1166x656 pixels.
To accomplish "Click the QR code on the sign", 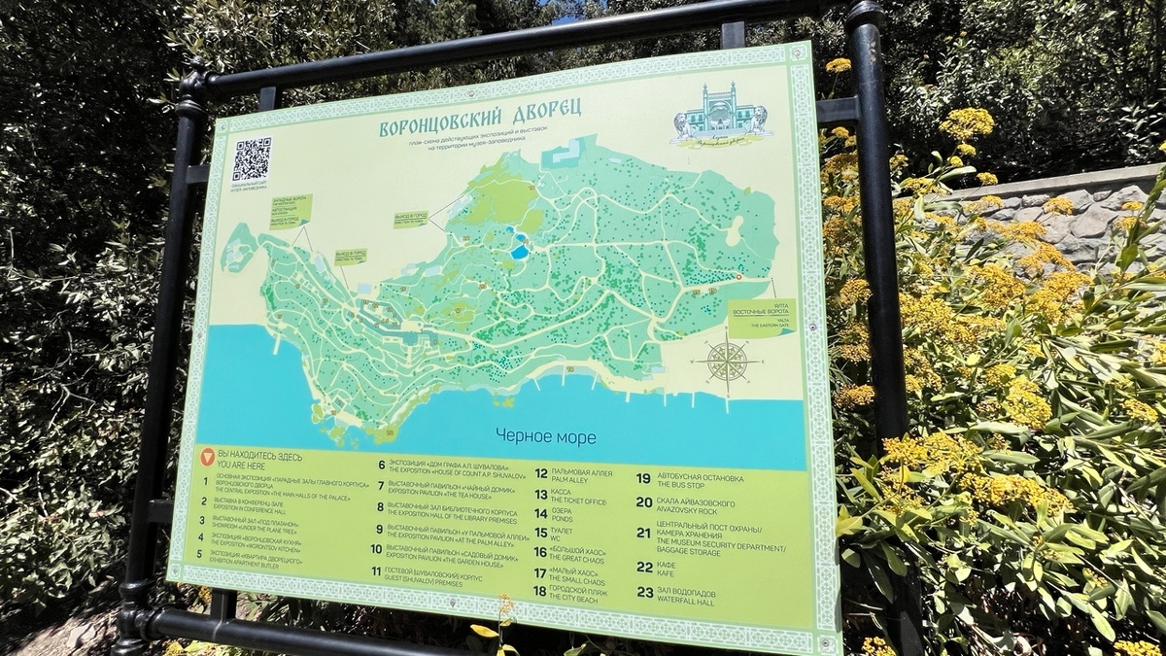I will coord(251,159).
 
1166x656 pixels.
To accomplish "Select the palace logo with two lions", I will coord(720,114).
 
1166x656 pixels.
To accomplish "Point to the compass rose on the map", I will coord(726,363).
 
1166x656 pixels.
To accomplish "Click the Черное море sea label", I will coord(545,437).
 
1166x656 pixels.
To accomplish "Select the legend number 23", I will coord(645,593).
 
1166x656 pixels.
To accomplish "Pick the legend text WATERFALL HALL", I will coord(691,601).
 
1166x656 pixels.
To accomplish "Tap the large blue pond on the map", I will coord(520,251).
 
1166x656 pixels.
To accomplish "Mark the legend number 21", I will coord(643,533).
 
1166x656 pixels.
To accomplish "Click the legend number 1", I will coord(205,479).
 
